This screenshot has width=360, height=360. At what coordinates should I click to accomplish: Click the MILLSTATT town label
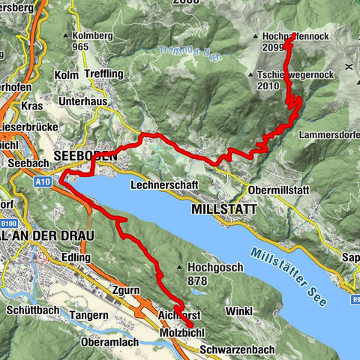(223, 209)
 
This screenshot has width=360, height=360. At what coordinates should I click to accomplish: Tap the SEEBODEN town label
(85, 156)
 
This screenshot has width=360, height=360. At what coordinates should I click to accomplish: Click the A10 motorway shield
(42, 181)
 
